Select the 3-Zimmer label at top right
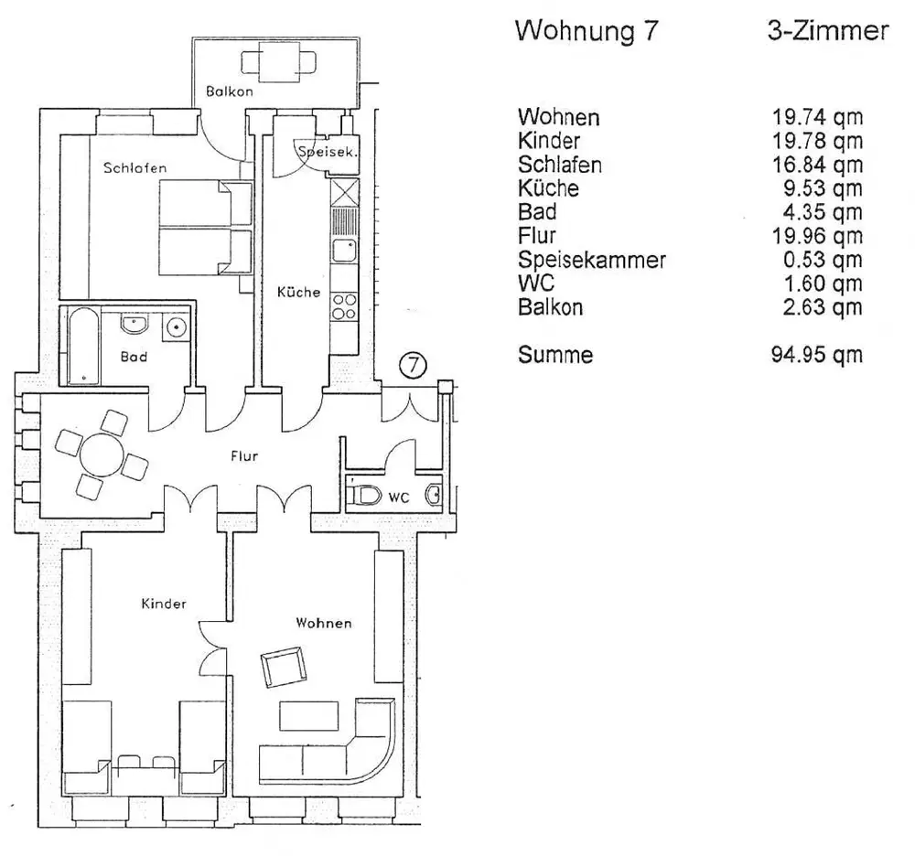[827, 33]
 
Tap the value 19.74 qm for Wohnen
[817, 117]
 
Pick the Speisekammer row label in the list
[591, 260]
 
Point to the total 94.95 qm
[817, 355]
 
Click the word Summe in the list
[554, 355]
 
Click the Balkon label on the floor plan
[229, 91]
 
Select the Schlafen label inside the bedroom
[135, 168]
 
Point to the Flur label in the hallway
[243, 456]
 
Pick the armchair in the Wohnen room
[284, 669]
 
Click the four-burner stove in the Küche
[344, 305]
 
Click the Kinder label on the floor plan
[164, 604]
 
